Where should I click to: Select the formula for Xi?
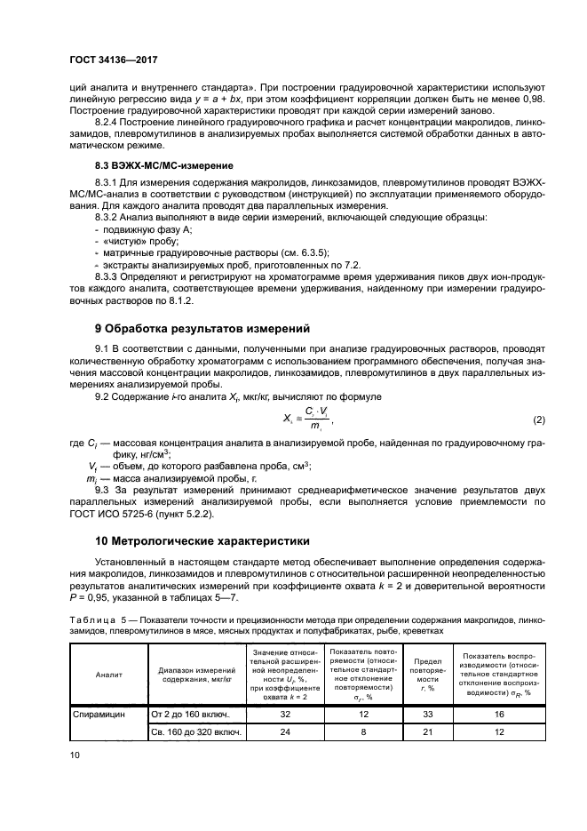click(308, 419)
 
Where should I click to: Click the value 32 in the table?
click(286, 714)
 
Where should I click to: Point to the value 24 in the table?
click(286, 732)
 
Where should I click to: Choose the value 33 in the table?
click(430, 714)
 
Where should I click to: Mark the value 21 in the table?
click(430, 732)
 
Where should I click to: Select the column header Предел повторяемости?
click(430, 675)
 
